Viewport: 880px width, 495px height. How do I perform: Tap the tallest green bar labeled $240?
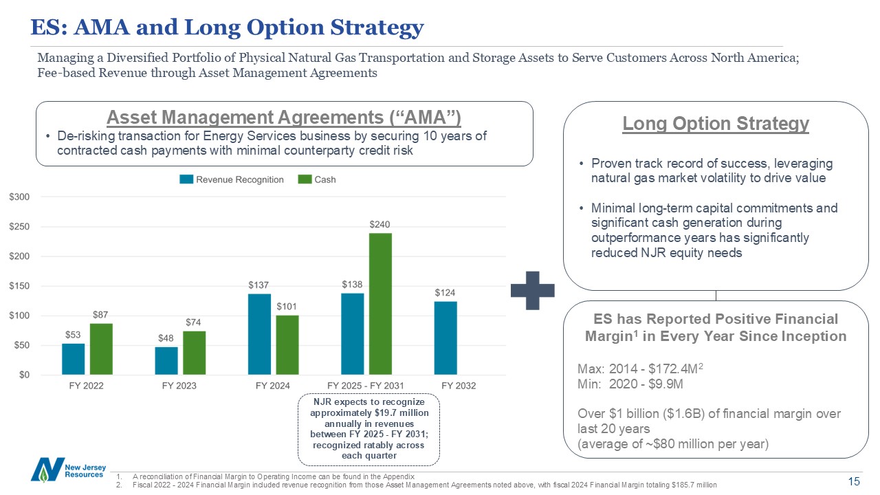coord(380,304)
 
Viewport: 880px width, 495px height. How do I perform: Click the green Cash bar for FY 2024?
coord(287,345)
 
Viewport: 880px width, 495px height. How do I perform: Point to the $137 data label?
coord(258,284)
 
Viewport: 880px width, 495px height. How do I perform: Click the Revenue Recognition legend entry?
coord(232,179)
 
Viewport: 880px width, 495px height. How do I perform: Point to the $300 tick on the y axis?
coord(19,197)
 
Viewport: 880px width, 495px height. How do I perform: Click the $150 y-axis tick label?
coord(19,286)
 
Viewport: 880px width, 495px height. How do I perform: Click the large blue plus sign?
coord(533,290)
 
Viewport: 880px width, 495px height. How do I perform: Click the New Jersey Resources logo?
coord(67,470)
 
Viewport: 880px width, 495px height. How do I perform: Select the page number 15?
coord(855,481)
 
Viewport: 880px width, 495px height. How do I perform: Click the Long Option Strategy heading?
coord(716,124)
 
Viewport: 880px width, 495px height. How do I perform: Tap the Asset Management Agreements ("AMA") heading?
coord(284,117)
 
